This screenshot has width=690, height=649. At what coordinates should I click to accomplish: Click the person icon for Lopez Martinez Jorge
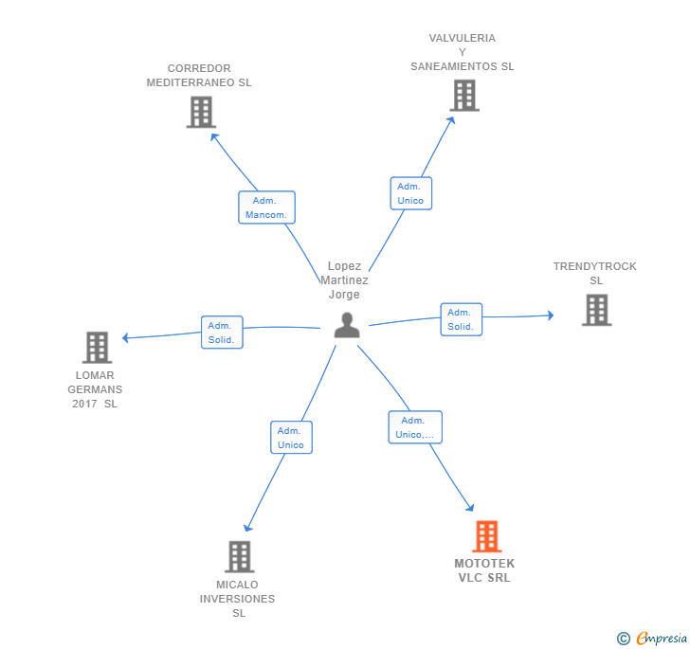click(x=347, y=325)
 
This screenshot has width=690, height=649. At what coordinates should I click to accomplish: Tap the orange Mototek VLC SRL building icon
click(x=486, y=536)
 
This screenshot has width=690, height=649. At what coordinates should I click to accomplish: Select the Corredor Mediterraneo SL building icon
click(x=200, y=112)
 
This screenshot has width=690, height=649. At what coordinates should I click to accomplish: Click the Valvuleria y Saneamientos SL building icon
click(x=463, y=96)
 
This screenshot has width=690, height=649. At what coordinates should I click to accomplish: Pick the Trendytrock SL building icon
click(x=596, y=310)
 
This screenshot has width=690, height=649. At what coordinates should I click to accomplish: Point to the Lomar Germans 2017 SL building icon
click(x=97, y=348)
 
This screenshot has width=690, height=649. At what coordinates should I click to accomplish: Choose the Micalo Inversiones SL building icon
click(x=240, y=556)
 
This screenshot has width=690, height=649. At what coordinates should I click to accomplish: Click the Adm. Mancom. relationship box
click(x=266, y=207)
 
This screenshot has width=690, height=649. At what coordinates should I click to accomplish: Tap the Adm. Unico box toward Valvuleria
click(x=410, y=193)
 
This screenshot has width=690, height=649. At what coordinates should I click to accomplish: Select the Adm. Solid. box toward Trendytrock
click(x=461, y=319)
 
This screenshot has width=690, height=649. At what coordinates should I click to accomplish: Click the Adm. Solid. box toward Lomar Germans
click(x=222, y=333)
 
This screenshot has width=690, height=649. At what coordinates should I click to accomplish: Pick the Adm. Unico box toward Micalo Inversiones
click(x=291, y=438)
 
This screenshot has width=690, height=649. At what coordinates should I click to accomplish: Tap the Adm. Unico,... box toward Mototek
click(x=414, y=427)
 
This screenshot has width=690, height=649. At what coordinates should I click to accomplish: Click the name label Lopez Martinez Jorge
click(x=344, y=279)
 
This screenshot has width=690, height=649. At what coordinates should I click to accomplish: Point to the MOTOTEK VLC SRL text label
click(x=484, y=570)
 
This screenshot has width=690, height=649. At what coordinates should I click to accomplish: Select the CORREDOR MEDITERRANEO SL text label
click(x=199, y=75)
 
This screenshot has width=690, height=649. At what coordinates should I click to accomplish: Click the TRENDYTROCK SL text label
click(x=595, y=273)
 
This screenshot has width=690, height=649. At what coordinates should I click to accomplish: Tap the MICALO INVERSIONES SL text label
click(x=238, y=599)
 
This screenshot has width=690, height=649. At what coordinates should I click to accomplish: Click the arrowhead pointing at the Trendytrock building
click(x=550, y=315)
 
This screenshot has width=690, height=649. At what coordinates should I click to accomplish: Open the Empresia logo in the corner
click(x=652, y=639)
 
